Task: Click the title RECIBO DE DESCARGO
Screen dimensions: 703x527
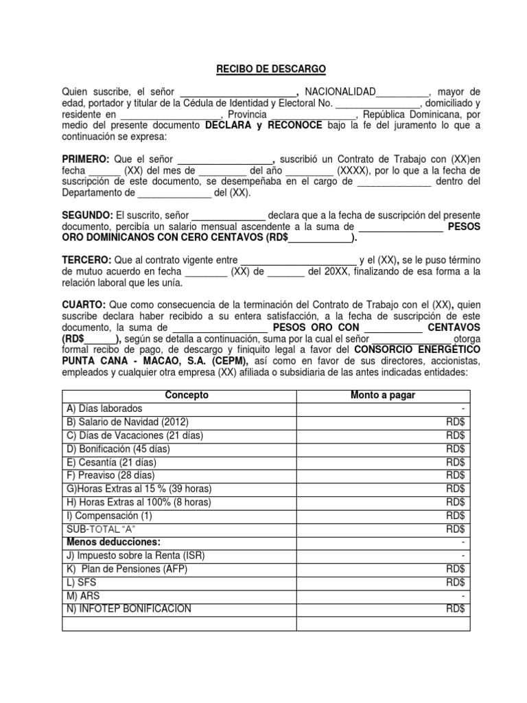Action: coord(263,69)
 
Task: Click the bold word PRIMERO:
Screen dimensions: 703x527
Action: coord(88,159)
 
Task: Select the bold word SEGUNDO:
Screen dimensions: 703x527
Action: coord(88,215)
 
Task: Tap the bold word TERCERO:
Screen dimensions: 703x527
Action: coord(86,260)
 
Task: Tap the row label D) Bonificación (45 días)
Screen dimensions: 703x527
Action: coord(117,448)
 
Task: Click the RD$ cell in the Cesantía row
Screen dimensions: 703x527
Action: coord(456,462)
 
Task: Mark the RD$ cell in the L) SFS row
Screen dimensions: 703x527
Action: coord(456,582)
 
